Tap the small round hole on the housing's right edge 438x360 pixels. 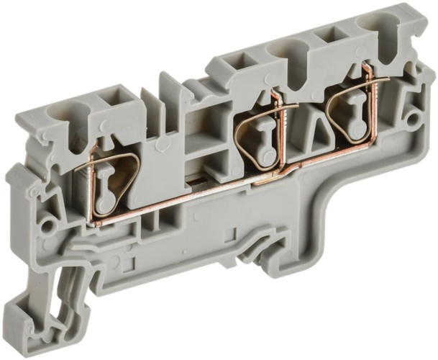414,116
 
